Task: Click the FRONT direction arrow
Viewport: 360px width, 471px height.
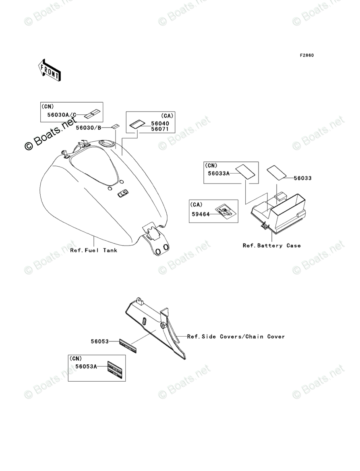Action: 50,69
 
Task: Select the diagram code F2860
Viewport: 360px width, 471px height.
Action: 306,55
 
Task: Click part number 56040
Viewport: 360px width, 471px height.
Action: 160,124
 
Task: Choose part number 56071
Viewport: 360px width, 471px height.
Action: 160,129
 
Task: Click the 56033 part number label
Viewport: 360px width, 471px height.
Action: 302,178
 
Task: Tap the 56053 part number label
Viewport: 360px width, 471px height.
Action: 99,341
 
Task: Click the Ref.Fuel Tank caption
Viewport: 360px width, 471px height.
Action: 94,250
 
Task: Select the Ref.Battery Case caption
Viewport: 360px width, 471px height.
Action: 271,246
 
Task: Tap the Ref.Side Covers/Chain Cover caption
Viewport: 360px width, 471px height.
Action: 236,337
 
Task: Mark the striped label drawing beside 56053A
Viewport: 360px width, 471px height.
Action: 114,370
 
